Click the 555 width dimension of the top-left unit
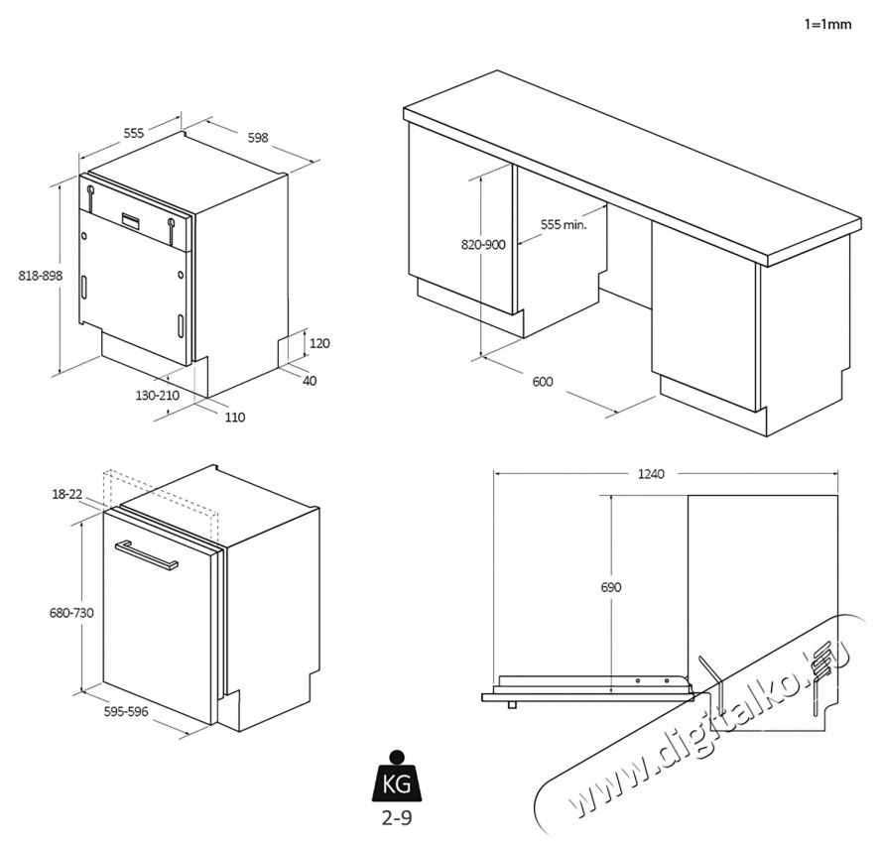point(134,133)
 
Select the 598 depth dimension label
point(258,138)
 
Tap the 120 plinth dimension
point(319,343)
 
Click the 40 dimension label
point(311,380)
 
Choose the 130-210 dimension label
point(157,395)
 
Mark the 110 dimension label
point(234,418)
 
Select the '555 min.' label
point(564,225)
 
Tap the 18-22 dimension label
point(68,493)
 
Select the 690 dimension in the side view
point(611,587)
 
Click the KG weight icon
point(397,781)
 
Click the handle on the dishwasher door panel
point(147,554)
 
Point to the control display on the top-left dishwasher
point(132,219)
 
